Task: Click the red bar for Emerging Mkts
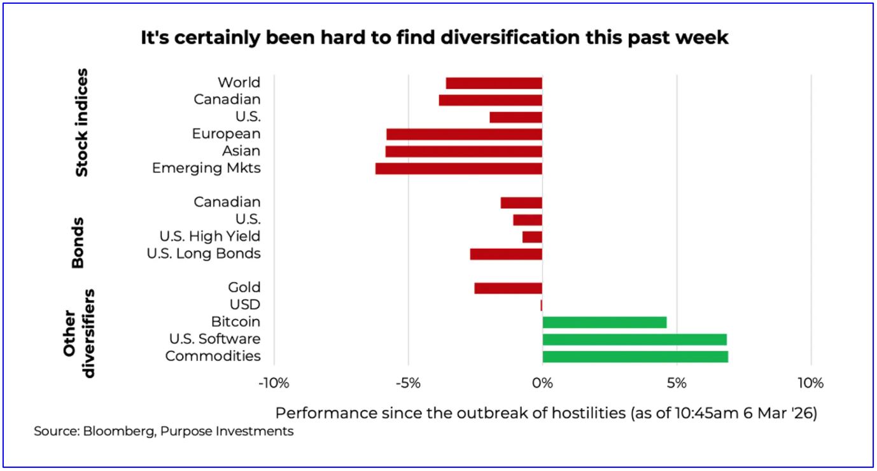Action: click(x=458, y=169)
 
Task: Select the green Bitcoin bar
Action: click(x=604, y=322)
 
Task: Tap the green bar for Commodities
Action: click(x=635, y=356)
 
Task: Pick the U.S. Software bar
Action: click(x=634, y=339)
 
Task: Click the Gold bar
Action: click(x=508, y=288)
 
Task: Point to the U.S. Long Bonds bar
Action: click(x=506, y=254)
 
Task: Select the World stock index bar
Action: click(x=494, y=83)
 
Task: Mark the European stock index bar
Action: click(x=464, y=134)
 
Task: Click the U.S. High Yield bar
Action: click(x=532, y=237)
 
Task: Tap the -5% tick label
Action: click(x=408, y=384)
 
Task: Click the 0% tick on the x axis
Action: click(x=542, y=384)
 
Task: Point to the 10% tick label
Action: click(x=810, y=384)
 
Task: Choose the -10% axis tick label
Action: click(x=274, y=384)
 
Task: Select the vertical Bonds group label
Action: click(x=78, y=243)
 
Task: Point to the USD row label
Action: click(x=245, y=305)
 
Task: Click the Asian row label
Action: click(x=241, y=151)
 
